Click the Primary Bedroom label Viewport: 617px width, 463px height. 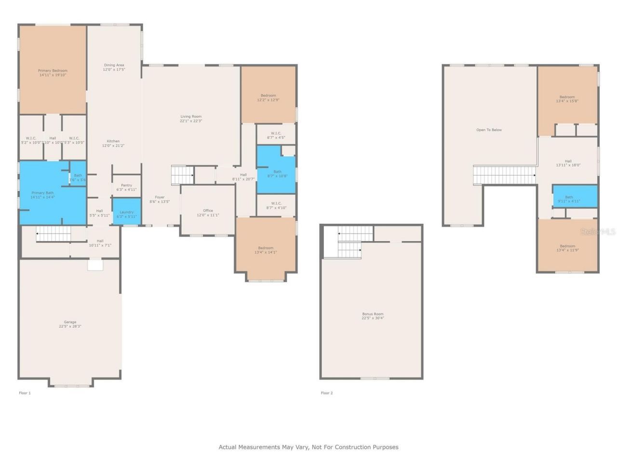point(53,71)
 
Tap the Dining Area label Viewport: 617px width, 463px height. point(114,65)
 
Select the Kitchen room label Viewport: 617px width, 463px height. point(113,141)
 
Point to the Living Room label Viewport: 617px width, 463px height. point(191,116)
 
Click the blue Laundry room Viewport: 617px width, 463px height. point(127,212)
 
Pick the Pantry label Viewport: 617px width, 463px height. point(126,185)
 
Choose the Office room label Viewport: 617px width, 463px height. point(208,210)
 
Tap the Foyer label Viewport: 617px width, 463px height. point(160,197)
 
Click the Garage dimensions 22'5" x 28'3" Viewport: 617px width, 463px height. point(70,327)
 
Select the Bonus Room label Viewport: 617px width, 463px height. point(373,313)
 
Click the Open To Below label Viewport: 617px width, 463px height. point(489,130)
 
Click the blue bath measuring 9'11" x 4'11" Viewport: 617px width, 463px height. point(574,197)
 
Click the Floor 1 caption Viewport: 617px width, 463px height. point(25,393)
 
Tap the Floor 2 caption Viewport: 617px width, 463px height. point(327,393)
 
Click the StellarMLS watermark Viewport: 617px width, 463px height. point(598,232)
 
